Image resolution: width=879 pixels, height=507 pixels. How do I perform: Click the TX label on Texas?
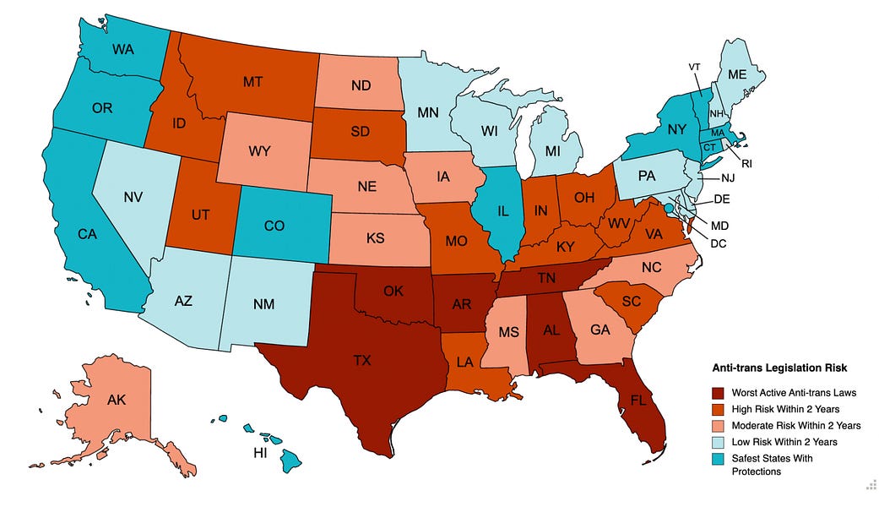coord(361,361)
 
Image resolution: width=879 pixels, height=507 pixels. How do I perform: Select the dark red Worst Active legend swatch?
coord(718,393)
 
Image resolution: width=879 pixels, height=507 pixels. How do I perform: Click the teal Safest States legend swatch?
coord(718,457)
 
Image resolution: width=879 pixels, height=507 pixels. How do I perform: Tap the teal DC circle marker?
coord(668,208)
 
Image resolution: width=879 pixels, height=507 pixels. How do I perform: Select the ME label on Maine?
coord(737,74)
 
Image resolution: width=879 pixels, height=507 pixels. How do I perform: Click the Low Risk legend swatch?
coord(718,441)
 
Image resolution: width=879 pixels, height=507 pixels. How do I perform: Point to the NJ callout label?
coord(727,178)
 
